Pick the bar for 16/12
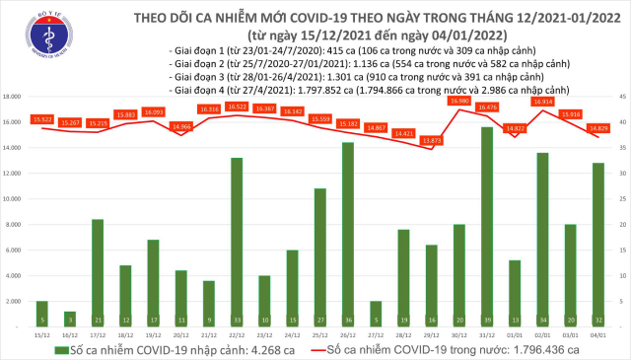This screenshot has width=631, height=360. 69,317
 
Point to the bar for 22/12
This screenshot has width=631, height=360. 237,241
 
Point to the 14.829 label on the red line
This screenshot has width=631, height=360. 597,127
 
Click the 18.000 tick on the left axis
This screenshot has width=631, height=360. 14,97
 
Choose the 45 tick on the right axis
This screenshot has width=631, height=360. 620,97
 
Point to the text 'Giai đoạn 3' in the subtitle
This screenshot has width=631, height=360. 198,75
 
